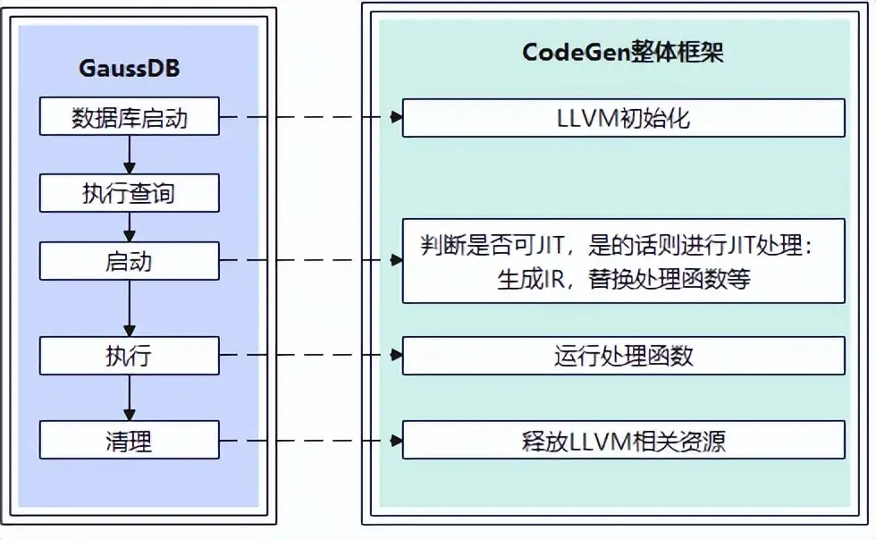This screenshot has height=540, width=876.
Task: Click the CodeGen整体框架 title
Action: point(623,53)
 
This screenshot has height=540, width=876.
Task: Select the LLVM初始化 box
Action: point(623,118)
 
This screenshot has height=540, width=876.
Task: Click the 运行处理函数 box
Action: point(623,356)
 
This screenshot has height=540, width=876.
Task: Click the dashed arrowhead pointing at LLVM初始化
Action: point(395,117)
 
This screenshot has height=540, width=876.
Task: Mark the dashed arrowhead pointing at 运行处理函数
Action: point(395,356)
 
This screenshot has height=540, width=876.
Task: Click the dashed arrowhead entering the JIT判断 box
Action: point(395,261)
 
